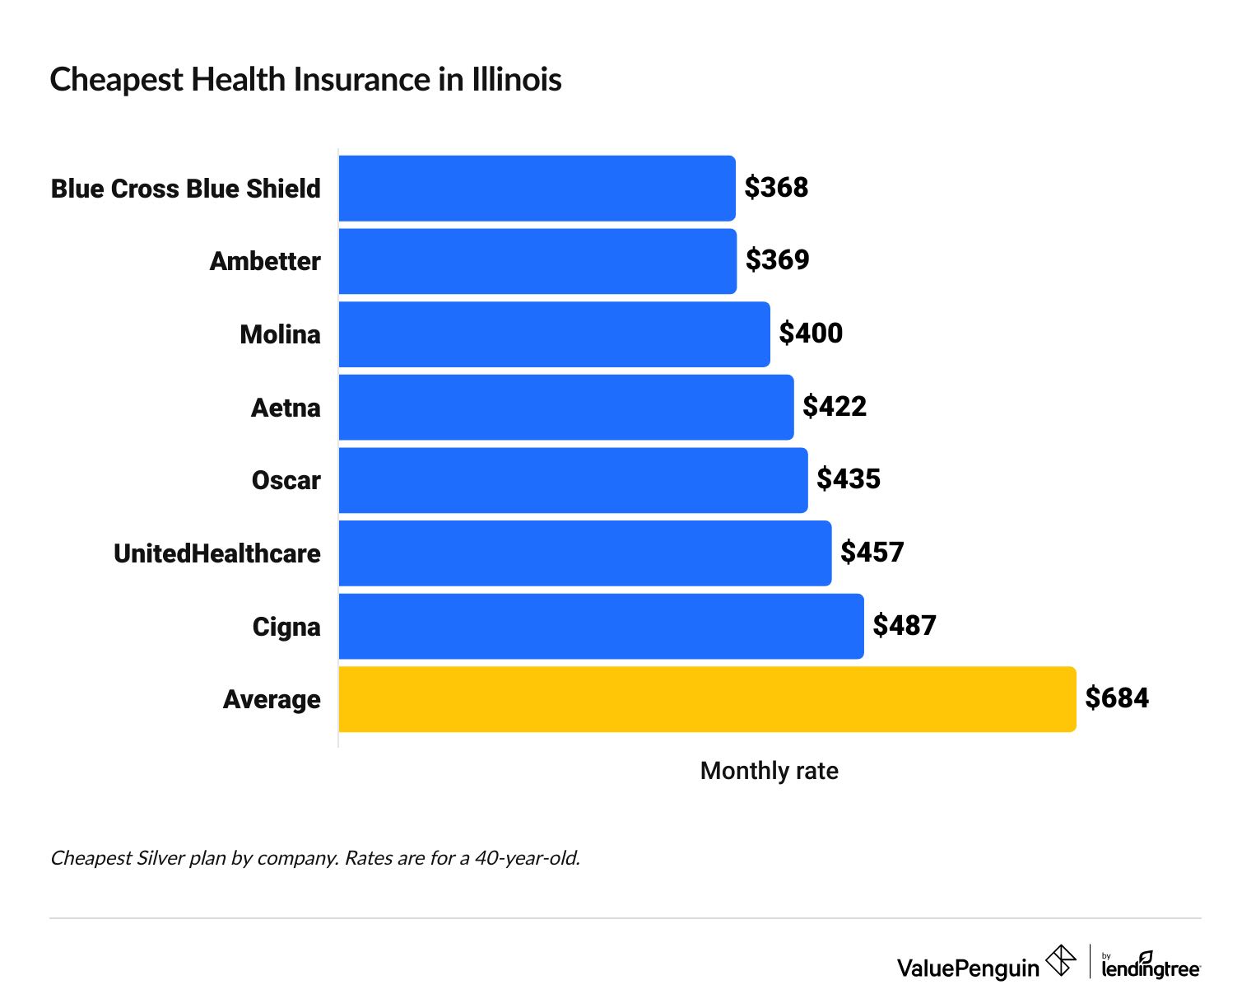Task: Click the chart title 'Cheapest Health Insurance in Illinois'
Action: tap(305, 80)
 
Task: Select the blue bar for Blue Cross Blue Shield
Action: tap(537, 189)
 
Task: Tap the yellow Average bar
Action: tap(707, 699)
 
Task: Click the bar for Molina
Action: tap(554, 334)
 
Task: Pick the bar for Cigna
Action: tap(601, 627)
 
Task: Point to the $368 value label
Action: tap(776, 188)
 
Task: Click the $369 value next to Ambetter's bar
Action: tap(777, 260)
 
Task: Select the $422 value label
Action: tap(835, 407)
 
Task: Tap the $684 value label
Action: tap(1117, 698)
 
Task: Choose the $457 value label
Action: tap(872, 553)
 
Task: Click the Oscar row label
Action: tap(286, 480)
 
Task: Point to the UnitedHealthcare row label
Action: tap(217, 553)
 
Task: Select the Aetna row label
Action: tap(286, 408)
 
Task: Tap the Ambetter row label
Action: tap(265, 261)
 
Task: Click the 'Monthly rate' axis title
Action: tap(769, 771)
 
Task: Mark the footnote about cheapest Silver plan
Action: tap(315, 858)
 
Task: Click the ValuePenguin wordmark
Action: tap(968, 968)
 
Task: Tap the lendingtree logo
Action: tap(1151, 966)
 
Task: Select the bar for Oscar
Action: tap(573, 480)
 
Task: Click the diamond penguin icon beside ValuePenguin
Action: tap(1060, 961)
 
